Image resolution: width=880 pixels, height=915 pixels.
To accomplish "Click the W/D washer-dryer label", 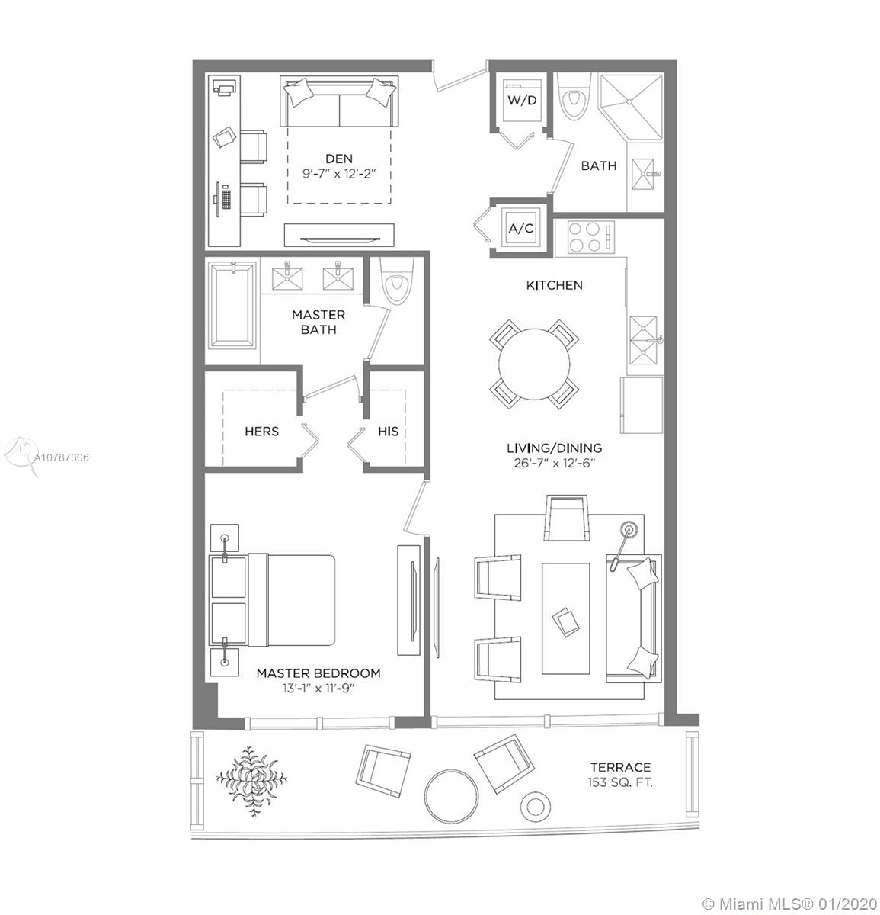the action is coord(521,100).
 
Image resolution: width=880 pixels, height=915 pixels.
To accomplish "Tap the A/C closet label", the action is coord(521,229).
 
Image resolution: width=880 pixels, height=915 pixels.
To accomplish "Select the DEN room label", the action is coord(339,159).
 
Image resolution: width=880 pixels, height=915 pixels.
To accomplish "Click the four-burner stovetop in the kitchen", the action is coord(584,237).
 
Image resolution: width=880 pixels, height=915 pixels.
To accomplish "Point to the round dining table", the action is coord(534,364).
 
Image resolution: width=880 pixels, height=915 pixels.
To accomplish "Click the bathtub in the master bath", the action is coord(233,306).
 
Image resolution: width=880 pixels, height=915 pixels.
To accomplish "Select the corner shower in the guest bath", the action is coord(632,106).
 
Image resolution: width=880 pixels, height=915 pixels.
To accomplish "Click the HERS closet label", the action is coord(261,431).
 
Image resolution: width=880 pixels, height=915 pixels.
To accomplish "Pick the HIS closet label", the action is coord(388,431).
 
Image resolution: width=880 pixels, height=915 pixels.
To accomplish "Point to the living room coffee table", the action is coord(565,618).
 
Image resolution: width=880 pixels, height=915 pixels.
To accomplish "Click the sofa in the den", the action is coord(339,101).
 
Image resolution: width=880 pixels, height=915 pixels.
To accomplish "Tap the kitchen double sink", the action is coord(643,340).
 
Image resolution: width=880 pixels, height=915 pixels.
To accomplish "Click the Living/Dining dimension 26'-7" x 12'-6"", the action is coord(555,463).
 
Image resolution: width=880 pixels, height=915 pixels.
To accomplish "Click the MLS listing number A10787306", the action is coord(62,457).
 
